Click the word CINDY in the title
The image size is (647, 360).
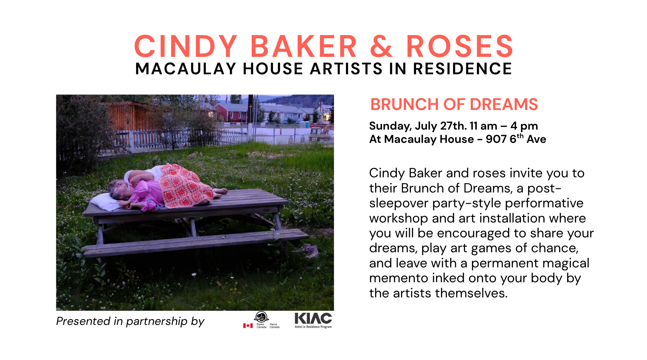[186, 46]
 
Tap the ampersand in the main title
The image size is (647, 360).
[381, 46]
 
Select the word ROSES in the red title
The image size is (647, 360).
[460, 46]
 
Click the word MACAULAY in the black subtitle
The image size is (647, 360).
[186, 69]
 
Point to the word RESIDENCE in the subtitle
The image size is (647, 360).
[463, 69]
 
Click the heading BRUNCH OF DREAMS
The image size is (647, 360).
[454, 104]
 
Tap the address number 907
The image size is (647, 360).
[496, 139]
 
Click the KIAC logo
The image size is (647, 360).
[313, 320]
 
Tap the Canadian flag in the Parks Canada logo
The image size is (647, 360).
[248, 326]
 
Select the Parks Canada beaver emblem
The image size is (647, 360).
[261, 317]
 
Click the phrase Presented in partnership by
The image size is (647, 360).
[130, 321]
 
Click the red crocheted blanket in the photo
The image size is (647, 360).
[185, 186]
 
